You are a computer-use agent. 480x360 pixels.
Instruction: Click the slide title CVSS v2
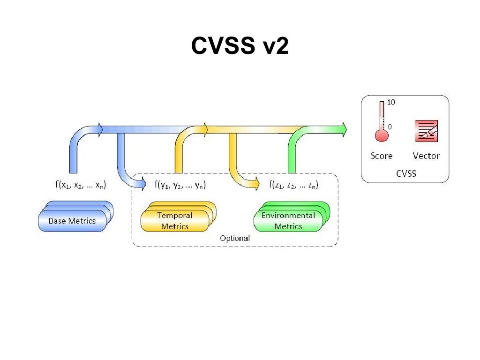pos(240,46)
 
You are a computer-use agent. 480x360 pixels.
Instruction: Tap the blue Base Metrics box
pos(72,221)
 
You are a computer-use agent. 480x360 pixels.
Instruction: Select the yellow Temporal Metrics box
pos(175,221)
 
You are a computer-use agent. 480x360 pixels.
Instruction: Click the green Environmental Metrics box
pos(288,221)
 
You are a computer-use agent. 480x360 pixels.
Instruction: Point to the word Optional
pos(235,238)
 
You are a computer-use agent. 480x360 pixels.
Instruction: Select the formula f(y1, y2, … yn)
pos(180,185)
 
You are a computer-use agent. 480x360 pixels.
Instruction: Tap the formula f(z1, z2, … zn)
pos(294,185)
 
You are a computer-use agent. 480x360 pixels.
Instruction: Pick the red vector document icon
pos(427,131)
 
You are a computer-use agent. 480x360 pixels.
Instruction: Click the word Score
pos(382,156)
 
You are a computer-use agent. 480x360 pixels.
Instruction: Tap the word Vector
pos(426,156)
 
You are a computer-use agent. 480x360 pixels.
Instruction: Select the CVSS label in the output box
pos(406,174)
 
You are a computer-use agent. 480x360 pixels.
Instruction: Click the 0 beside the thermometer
pos(390,127)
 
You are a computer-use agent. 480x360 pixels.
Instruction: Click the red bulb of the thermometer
pos(382,135)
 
